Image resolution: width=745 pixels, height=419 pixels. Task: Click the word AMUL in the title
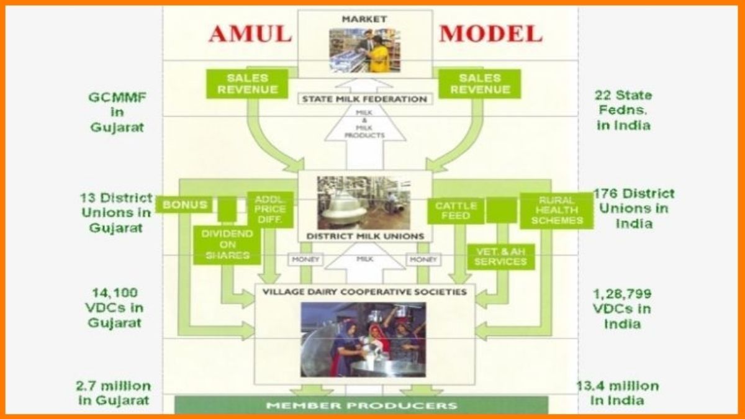pos(250,33)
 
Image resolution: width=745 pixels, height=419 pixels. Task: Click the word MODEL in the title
pos(490,33)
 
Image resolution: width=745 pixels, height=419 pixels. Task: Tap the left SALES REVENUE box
pos(247,84)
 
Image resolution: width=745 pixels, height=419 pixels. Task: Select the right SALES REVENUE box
pos(480,84)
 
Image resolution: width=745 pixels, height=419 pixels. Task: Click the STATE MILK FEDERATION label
pos(364,99)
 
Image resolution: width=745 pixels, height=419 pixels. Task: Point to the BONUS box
pos(184,204)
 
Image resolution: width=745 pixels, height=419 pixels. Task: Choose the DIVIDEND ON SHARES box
pos(227,245)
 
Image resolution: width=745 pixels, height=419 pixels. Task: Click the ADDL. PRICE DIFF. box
pos(269,210)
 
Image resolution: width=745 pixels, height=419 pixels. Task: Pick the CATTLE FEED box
pos(456,210)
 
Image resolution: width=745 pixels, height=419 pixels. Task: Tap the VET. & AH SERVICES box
pos(500,256)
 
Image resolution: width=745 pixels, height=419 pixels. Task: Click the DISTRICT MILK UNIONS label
pos(365,236)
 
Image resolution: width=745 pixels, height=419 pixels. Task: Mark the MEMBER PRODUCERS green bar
pos(361,405)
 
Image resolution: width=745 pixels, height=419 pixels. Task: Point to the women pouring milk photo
pos(363,339)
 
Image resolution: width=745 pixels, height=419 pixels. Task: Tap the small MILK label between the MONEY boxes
pos(364,259)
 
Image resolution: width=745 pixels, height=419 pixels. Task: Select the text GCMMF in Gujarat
pos(115,112)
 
